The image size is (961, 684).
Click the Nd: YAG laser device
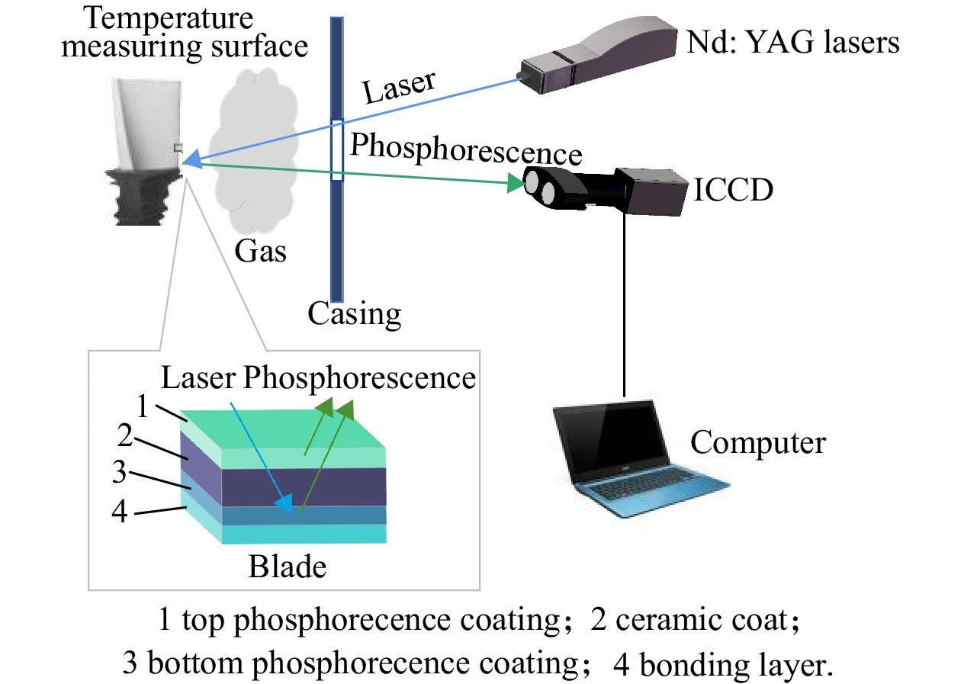point(599,55)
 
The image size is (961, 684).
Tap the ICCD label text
point(733,190)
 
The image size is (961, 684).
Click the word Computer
point(758,443)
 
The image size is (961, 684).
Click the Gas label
point(260,251)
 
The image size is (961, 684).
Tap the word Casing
point(355,314)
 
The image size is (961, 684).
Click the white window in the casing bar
point(337,150)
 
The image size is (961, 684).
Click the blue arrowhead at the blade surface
point(193,159)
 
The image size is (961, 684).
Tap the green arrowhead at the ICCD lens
point(516,183)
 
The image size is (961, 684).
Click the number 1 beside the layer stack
point(143,406)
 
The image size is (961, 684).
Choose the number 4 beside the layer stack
point(120,511)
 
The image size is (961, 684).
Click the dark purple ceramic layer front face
point(304,487)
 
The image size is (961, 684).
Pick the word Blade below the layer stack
point(288,567)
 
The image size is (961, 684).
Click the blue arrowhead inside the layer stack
point(284,503)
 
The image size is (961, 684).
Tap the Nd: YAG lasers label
point(793,43)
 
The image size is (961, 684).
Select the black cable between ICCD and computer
point(624,305)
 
